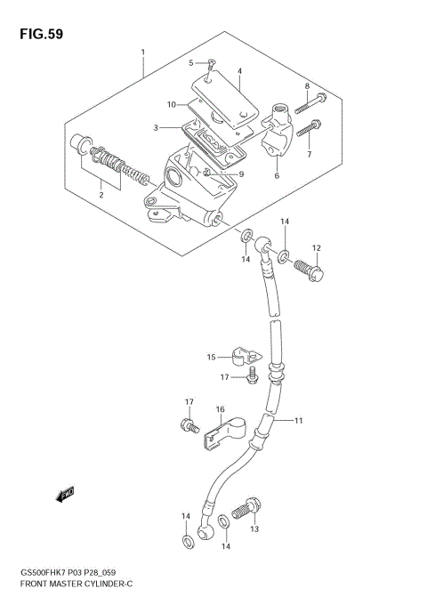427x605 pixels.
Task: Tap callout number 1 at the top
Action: click(142, 52)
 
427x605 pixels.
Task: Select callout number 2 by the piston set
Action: click(100, 194)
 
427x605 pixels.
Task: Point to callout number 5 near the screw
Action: click(190, 62)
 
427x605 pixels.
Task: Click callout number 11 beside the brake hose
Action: click(299, 420)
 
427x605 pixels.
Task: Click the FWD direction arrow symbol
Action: click(64, 492)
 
